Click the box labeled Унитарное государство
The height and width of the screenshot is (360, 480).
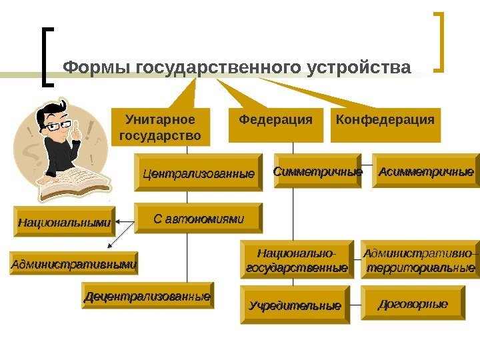[159, 127]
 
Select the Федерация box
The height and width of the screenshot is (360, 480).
[275, 125]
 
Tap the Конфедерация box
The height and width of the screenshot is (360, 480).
[385, 125]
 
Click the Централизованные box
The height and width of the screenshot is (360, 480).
[199, 173]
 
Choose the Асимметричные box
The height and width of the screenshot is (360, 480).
[425, 171]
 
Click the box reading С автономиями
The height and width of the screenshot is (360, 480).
[199, 218]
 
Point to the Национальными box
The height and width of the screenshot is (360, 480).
[64, 222]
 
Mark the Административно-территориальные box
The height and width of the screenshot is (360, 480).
[420, 259]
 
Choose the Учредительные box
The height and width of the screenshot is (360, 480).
[295, 306]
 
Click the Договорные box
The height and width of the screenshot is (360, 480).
[413, 304]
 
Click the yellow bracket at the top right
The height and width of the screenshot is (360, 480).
[441, 41]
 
